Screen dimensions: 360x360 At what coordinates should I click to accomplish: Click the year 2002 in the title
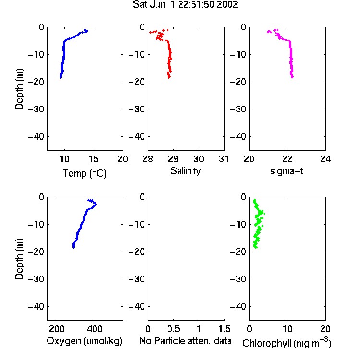(228, 5)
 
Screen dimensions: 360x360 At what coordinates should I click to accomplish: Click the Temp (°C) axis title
(84, 173)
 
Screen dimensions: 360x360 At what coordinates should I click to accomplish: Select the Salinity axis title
(185, 171)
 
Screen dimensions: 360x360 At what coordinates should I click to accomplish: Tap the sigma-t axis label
(287, 171)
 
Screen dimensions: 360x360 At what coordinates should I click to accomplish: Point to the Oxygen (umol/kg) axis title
(84, 341)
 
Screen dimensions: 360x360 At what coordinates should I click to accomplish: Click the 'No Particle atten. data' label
(185, 341)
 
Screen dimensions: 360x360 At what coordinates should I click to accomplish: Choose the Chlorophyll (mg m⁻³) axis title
(287, 343)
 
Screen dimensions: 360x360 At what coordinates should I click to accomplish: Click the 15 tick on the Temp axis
(94, 159)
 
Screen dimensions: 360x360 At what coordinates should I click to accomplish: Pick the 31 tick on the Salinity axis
(224, 159)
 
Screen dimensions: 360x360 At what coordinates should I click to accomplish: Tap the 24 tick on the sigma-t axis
(325, 159)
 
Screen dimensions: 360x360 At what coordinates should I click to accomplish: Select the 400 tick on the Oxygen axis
(95, 329)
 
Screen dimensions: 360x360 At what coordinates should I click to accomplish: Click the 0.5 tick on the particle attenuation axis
(173, 329)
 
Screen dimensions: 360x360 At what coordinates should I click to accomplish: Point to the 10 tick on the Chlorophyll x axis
(288, 329)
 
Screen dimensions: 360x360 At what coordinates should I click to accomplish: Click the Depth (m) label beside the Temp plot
(19, 89)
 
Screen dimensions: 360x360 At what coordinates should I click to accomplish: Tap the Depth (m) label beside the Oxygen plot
(19, 259)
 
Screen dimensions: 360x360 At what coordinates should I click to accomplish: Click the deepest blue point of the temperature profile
(60, 77)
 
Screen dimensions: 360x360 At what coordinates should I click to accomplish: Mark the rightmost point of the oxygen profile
(96, 204)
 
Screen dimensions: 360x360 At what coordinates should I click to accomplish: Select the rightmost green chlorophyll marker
(264, 214)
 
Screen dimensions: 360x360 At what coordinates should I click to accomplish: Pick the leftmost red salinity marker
(151, 32)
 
